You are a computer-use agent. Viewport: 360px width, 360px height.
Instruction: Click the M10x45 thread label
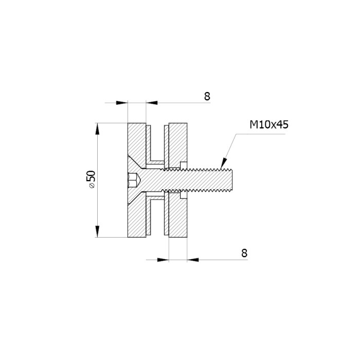click(269, 124)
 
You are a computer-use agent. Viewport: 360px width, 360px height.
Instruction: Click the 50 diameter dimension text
click(92, 176)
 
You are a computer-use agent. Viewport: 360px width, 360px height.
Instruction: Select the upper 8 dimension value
click(207, 97)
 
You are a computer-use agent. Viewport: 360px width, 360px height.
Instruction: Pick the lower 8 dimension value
click(244, 253)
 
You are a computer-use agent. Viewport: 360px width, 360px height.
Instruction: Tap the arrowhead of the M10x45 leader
click(223, 164)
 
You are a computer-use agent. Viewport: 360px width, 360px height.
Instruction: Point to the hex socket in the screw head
click(133, 180)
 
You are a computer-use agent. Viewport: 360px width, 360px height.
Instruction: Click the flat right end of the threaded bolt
click(232, 180)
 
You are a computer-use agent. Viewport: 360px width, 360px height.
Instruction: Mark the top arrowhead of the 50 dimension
click(97, 129)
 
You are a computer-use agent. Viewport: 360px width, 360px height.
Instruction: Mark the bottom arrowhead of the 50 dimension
click(97, 231)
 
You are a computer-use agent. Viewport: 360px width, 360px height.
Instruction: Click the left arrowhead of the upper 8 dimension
click(122, 103)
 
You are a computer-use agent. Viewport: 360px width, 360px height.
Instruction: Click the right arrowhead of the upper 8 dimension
click(152, 103)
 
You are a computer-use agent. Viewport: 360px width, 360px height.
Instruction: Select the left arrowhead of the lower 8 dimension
click(163, 260)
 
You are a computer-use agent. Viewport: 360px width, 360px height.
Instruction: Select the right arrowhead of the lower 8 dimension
click(193, 260)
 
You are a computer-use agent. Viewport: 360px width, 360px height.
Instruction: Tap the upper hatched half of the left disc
click(137, 142)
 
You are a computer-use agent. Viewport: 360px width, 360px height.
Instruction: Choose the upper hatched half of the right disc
click(178, 145)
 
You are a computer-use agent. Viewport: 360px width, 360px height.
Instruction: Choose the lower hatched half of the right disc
click(178, 216)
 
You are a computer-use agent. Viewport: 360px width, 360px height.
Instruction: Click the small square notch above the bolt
click(184, 165)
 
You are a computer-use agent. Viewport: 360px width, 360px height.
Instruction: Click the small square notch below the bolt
click(184, 195)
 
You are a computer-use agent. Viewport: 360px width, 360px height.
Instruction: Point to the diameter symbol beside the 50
click(92, 186)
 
